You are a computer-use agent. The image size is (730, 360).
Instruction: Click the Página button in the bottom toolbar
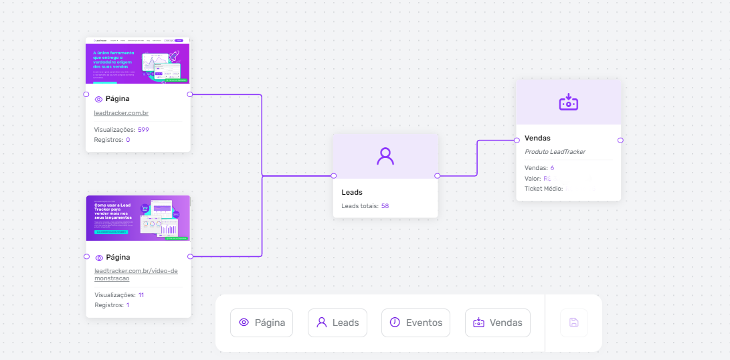coord(262,323)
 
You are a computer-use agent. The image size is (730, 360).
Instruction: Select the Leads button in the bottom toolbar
coord(337,323)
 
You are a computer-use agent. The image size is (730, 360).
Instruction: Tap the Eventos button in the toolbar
coord(416,323)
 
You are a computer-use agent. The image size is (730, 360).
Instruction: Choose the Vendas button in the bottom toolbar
coord(497,323)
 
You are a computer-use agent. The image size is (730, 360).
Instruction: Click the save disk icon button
coord(573,323)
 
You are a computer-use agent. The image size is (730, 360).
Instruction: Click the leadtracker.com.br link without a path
coord(121,113)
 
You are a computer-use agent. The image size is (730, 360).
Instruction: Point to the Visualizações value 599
coord(143,129)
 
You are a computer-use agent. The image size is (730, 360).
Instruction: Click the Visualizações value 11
coord(141,294)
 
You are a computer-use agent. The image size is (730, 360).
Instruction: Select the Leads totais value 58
coord(385,205)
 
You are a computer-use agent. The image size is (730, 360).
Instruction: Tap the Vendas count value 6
coord(552,167)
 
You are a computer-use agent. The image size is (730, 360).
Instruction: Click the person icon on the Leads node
coord(385,156)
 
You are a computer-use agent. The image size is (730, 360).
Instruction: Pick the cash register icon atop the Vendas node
coord(568,102)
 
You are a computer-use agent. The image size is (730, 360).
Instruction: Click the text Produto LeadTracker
coord(555,152)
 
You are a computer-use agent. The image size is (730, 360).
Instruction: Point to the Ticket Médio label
coord(543,189)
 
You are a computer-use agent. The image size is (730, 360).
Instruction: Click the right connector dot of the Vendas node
coord(620,141)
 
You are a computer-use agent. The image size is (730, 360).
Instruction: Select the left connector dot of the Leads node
coord(333,176)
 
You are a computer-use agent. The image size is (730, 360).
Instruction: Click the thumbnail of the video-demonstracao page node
coord(138,218)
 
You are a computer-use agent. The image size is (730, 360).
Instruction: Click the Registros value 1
coord(128,305)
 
